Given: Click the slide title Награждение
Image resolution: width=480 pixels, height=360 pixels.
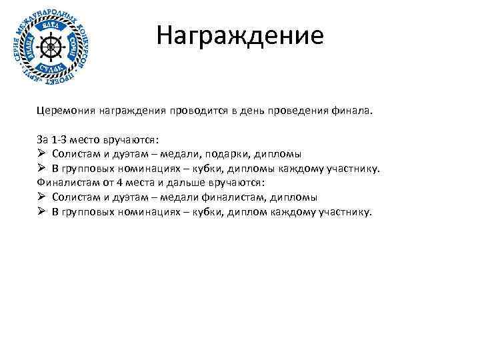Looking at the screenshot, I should pos(240,35).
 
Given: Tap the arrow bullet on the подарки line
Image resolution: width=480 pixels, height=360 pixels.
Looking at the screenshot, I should pos(41,155).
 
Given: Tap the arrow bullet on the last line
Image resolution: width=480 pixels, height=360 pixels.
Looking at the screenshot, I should pos(41,212).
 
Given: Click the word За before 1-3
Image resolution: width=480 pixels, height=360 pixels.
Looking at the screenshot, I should pos(43,141).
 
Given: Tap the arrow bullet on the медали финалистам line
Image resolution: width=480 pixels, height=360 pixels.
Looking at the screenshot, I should pos(41,197).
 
